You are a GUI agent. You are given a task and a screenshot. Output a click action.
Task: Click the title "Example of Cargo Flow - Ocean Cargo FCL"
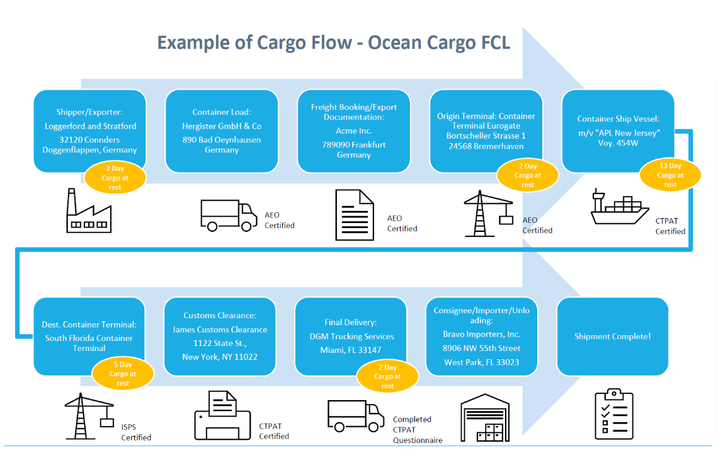click(333, 43)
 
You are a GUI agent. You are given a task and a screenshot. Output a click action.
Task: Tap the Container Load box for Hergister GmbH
click(221, 131)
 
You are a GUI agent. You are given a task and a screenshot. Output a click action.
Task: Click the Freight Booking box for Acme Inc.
click(353, 131)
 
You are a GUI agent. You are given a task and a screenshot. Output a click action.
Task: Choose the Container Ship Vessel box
click(617, 131)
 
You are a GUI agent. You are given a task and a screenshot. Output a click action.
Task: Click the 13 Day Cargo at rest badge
click(670, 175)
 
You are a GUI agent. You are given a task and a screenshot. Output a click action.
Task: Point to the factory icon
click(89, 210)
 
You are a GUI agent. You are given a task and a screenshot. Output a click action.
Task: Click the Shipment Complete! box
click(612, 337)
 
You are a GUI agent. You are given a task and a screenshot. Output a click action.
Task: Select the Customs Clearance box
click(220, 337)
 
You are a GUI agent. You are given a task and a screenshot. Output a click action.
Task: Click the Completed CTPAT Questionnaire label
click(412, 430)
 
